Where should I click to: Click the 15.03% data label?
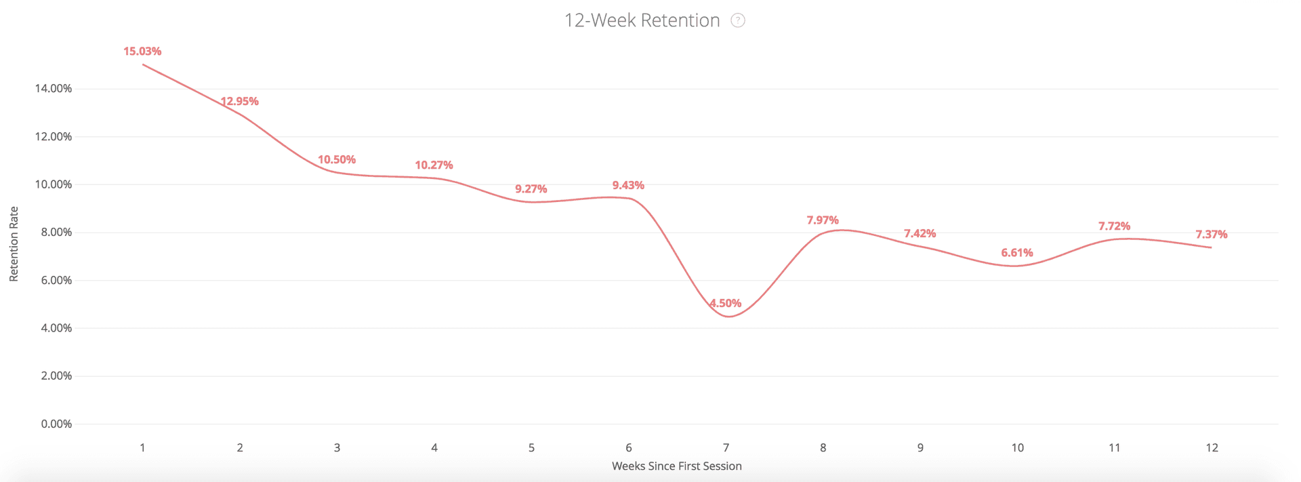(x=142, y=52)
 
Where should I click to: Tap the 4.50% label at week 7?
(x=726, y=303)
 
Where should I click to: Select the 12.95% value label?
(x=240, y=102)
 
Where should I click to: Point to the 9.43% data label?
(x=628, y=186)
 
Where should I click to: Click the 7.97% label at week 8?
(x=823, y=220)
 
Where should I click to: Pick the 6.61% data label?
(x=1017, y=253)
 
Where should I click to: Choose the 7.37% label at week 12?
(x=1212, y=235)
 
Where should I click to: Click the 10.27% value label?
(x=434, y=165)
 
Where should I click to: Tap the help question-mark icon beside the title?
(x=738, y=21)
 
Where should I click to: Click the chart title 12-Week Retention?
(x=642, y=21)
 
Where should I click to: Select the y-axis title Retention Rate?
(x=14, y=244)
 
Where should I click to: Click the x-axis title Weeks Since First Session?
(x=676, y=466)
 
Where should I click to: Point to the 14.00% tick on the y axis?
(x=53, y=89)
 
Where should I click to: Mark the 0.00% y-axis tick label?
(x=56, y=424)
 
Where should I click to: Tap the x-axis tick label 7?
(x=726, y=448)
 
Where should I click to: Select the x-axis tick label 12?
(x=1212, y=448)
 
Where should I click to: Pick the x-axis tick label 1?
(x=142, y=448)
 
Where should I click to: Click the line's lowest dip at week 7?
(x=728, y=317)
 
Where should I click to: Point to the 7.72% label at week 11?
(x=1114, y=226)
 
